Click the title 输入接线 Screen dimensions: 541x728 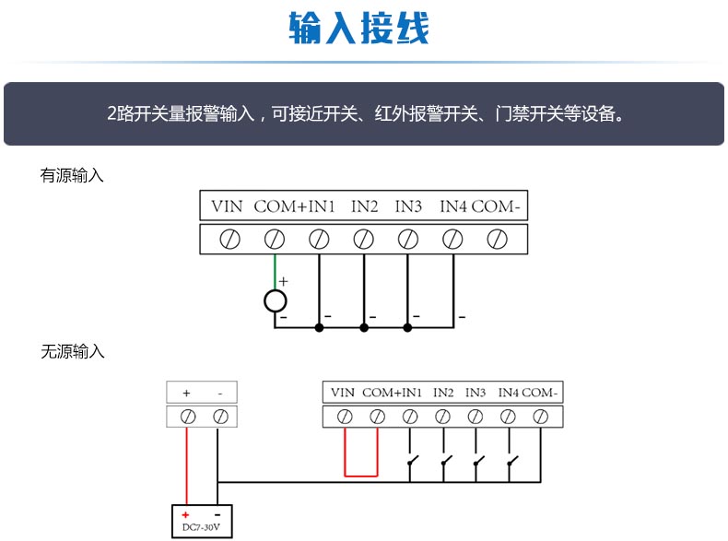point(358,29)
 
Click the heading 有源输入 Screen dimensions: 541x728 point(72,175)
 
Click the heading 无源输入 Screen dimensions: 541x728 point(72,351)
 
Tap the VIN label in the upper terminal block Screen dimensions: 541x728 point(226,206)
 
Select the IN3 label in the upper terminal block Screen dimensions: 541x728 point(408,206)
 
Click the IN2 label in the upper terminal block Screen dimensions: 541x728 point(364,206)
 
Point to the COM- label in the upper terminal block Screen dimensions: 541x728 point(497,206)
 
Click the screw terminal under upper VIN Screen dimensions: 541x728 point(229,240)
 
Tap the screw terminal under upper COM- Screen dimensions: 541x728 point(497,240)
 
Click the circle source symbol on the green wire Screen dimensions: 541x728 point(275,301)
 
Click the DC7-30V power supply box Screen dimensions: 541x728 point(202,523)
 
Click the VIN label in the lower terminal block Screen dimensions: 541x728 point(343,393)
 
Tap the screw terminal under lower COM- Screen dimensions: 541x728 point(541,417)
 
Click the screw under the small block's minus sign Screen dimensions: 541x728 point(219,417)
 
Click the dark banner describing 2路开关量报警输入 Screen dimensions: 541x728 point(364,114)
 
